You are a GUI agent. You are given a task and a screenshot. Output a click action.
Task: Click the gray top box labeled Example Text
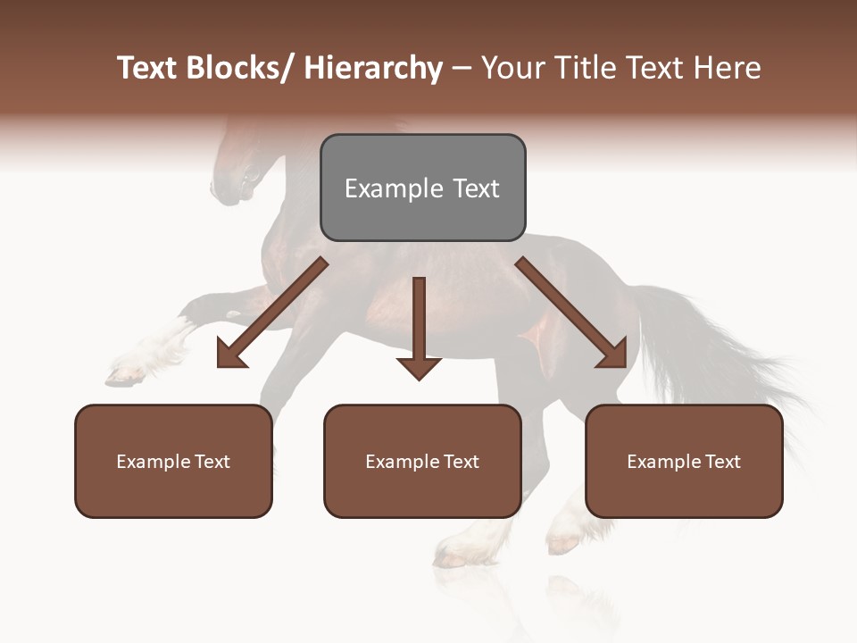coord(422,188)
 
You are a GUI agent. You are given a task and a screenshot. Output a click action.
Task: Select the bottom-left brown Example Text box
coord(173,461)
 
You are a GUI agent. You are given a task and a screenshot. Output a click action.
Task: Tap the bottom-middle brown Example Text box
coord(422,461)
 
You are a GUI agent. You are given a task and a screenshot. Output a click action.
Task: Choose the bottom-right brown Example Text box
coord(684,461)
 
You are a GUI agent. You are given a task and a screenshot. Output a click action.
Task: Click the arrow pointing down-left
coord(272,313)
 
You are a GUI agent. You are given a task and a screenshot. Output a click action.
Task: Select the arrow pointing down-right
coord(571,313)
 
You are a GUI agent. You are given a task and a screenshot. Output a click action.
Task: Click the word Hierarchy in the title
coord(373,68)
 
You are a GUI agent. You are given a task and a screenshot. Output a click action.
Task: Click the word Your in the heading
coord(512,68)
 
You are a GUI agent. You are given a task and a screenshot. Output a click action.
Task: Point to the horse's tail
coord(714,357)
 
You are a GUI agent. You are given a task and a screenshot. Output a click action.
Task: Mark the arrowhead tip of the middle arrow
coord(419,379)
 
